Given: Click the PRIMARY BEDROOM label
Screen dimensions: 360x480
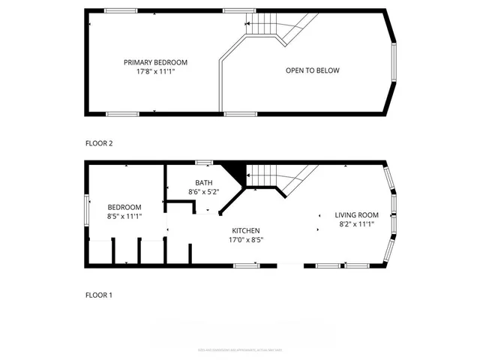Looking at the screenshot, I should tap(156, 62).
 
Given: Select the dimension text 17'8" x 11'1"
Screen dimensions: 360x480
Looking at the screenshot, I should tap(156, 72).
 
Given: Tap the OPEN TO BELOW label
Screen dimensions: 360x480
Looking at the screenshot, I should tap(312, 70).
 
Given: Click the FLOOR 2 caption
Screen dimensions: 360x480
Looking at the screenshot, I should tap(98, 142).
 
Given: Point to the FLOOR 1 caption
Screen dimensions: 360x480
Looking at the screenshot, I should tap(98, 295).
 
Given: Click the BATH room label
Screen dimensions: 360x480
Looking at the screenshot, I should tap(203, 182).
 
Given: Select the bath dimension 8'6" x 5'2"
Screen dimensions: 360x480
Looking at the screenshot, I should tap(203, 192).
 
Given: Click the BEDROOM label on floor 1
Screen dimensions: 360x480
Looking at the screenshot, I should tap(124, 207).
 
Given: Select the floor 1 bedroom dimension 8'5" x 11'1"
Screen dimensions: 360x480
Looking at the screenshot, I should tap(124, 216).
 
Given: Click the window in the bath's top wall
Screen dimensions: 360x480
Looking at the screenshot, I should tap(203, 162).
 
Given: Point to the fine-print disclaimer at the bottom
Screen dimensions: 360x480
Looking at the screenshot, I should tap(240, 349).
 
